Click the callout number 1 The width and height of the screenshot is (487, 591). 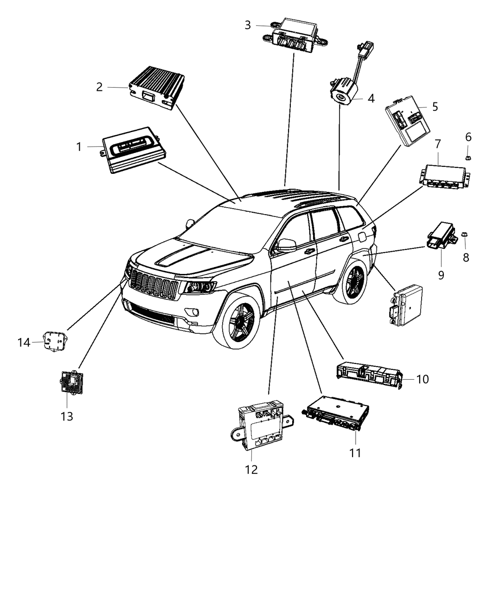(79, 147)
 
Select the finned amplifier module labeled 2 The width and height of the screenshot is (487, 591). (157, 87)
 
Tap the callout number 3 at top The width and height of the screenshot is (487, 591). (248, 25)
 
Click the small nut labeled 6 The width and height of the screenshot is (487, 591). (468, 157)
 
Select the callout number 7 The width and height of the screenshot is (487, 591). (437, 144)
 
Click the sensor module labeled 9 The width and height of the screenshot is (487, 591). (442, 235)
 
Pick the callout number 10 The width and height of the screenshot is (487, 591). (422, 379)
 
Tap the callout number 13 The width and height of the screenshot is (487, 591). (67, 416)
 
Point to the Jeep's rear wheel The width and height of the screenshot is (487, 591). (354, 282)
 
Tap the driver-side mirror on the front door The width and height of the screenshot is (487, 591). (286, 245)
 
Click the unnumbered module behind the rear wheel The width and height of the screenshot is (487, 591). (406, 305)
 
